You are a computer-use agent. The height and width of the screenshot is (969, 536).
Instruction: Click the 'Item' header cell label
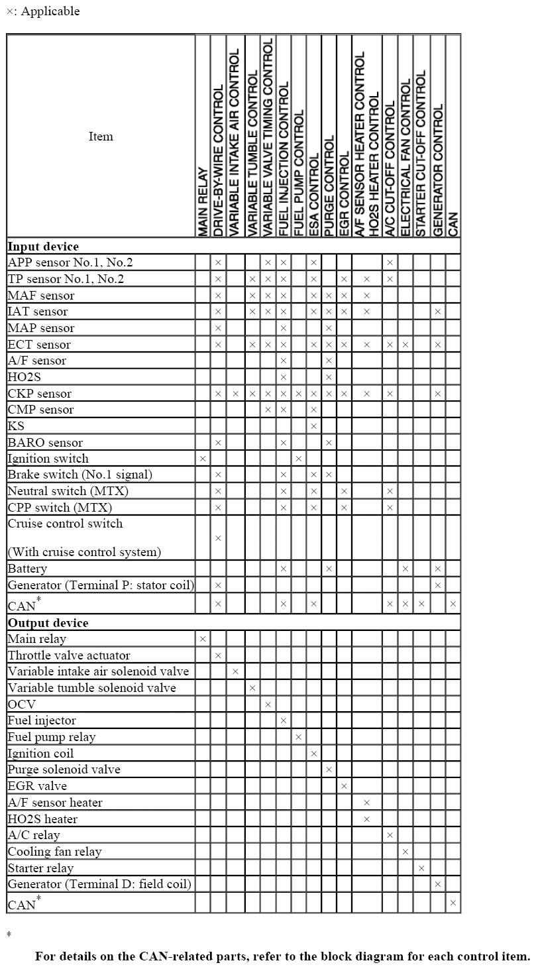coord(101,137)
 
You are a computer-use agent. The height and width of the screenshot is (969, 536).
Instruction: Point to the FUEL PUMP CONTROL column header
coord(299,172)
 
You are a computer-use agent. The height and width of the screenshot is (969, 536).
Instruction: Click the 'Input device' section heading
coord(43,247)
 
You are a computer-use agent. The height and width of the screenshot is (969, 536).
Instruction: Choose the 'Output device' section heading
coord(48,623)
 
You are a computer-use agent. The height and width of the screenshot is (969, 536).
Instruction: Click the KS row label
coord(16,426)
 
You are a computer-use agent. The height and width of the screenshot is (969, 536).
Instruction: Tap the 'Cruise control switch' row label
coord(65,524)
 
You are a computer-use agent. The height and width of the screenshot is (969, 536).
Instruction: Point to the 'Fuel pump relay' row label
coord(52,737)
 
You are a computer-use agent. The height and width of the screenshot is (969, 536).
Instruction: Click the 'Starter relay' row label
coord(40,868)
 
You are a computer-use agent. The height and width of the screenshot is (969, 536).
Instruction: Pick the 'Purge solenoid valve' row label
coord(64,769)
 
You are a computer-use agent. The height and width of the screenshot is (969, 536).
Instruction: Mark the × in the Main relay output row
coord(203,639)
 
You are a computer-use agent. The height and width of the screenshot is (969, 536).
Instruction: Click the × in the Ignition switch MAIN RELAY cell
coord(203,459)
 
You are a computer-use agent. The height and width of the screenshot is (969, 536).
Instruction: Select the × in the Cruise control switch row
coord(218,538)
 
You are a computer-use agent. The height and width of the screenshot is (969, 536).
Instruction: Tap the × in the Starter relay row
coord(421,868)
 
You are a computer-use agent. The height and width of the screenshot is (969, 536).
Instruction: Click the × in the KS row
coord(314,426)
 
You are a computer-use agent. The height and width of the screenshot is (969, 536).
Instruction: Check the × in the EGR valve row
coord(344,786)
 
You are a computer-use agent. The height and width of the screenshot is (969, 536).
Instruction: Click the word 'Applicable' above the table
coord(50,11)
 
